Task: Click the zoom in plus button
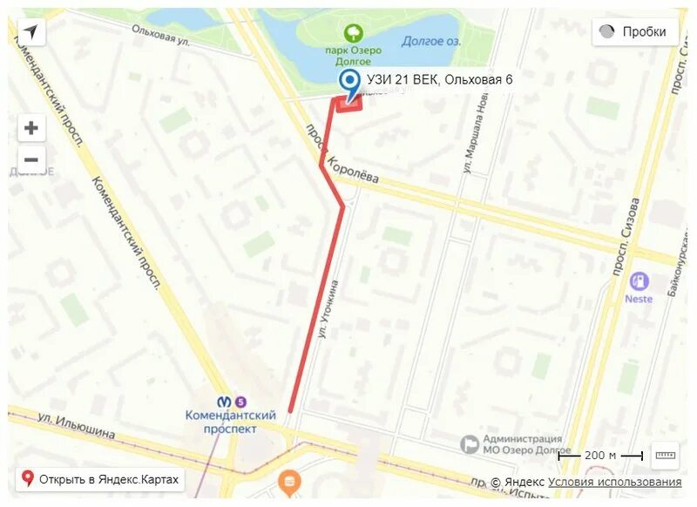tap(31, 128)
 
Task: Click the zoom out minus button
tap(31, 159)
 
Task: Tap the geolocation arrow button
tap(31, 32)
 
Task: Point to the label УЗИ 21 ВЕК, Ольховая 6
tap(439, 80)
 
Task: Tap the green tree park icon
tap(354, 34)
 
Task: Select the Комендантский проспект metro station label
tap(231, 422)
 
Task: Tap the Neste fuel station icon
tap(639, 281)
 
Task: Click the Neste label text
tap(639, 299)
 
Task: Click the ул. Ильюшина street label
tap(76, 422)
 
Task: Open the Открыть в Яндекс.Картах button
tap(100, 478)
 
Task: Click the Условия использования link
tap(614, 482)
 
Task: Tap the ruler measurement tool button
tap(665, 455)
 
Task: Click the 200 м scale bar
tap(600, 455)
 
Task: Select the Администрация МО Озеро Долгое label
tap(521, 444)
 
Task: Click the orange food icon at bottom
tap(288, 479)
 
